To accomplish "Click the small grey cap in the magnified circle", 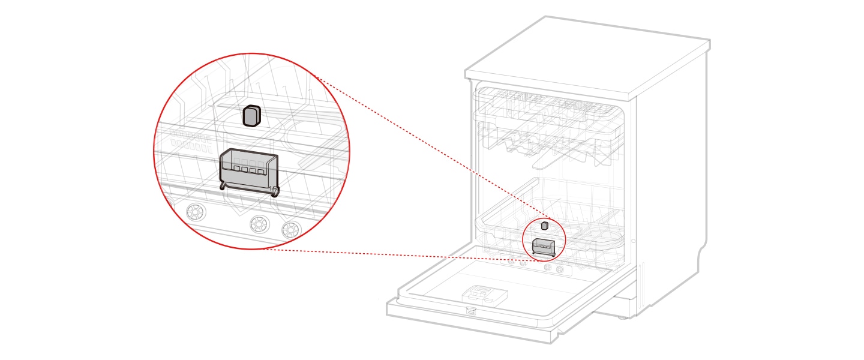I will [251, 116].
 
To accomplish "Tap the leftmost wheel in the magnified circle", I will [194, 212].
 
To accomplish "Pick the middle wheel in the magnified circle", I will [259, 224].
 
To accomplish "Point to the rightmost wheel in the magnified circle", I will [292, 229].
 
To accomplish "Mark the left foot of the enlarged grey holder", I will [224, 186].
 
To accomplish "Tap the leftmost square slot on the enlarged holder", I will [236, 170].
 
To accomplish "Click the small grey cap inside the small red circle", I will [545, 226].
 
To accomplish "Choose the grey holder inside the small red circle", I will [544, 246].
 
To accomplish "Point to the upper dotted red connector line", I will [420, 150].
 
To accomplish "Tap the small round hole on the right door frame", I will [633, 241].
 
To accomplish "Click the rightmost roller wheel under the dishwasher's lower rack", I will [560, 269].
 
